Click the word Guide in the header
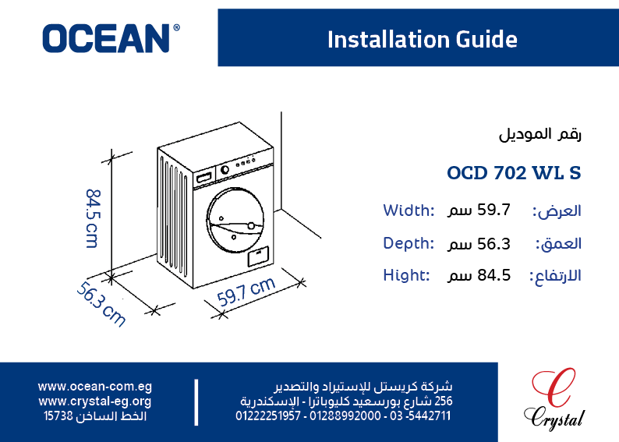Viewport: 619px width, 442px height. click(x=486, y=40)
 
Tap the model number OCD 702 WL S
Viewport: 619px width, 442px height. click(x=514, y=173)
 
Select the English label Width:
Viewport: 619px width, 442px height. click(x=409, y=210)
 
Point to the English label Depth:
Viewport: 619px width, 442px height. click(x=409, y=243)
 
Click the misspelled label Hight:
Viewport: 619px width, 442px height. click(x=406, y=275)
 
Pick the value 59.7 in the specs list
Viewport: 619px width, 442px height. click(x=493, y=210)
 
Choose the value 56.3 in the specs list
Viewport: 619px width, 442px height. click(x=493, y=244)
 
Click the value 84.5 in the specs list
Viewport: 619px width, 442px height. click(x=493, y=275)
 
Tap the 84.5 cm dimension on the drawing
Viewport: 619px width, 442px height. click(x=94, y=218)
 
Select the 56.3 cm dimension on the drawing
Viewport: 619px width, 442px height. click(x=101, y=304)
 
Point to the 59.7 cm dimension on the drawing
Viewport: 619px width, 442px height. click(x=246, y=292)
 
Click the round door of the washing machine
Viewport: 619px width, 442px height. click(x=235, y=220)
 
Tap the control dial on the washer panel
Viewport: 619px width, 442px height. click(x=225, y=170)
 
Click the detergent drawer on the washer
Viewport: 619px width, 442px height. click(x=204, y=176)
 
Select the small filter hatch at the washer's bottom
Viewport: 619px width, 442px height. click(x=259, y=256)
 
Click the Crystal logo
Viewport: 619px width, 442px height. click(x=554, y=399)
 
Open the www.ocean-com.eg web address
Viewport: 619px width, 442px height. click(x=95, y=387)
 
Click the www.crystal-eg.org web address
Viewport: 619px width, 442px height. click(x=95, y=401)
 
